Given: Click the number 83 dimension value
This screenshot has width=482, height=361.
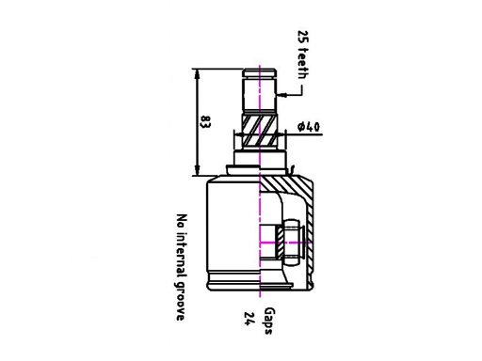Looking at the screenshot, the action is [206, 122].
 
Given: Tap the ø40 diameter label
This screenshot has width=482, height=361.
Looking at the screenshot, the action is [309, 127].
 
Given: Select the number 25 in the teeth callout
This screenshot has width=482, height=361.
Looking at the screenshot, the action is [303, 37].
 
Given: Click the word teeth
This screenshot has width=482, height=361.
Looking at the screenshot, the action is [303, 64].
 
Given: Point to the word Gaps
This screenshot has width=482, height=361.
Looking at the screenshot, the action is [268, 321].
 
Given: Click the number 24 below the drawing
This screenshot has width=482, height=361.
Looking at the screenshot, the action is [249, 319].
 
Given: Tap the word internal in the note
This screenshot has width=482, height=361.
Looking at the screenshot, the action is [182, 255].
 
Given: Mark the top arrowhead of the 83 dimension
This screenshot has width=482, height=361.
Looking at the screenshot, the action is [197, 73].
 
